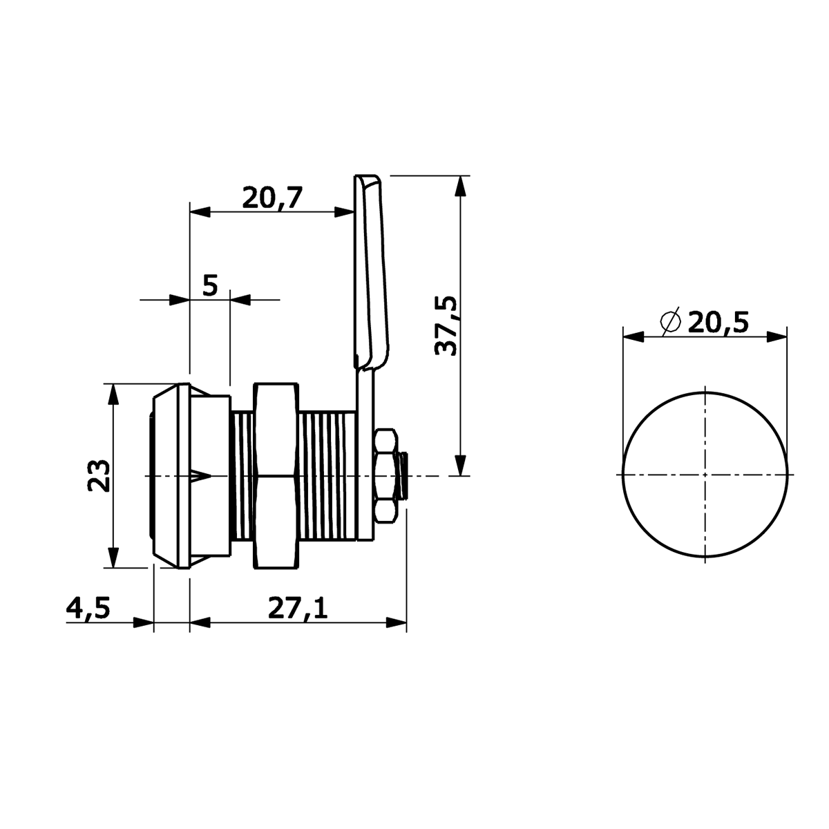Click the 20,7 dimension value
point(273,198)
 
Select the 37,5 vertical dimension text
point(446,325)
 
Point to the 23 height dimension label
point(99,475)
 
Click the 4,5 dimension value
point(88,608)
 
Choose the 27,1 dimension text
point(298,608)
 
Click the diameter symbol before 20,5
point(671,321)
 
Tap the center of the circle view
point(705,475)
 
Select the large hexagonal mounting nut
point(276,476)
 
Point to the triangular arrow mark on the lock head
point(200,476)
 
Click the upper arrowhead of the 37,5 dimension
point(460,186)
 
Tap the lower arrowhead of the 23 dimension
point(113,558)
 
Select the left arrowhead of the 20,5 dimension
point(633,337)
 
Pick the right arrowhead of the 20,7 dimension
point(345,211)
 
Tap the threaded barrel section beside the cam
point(328,475)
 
